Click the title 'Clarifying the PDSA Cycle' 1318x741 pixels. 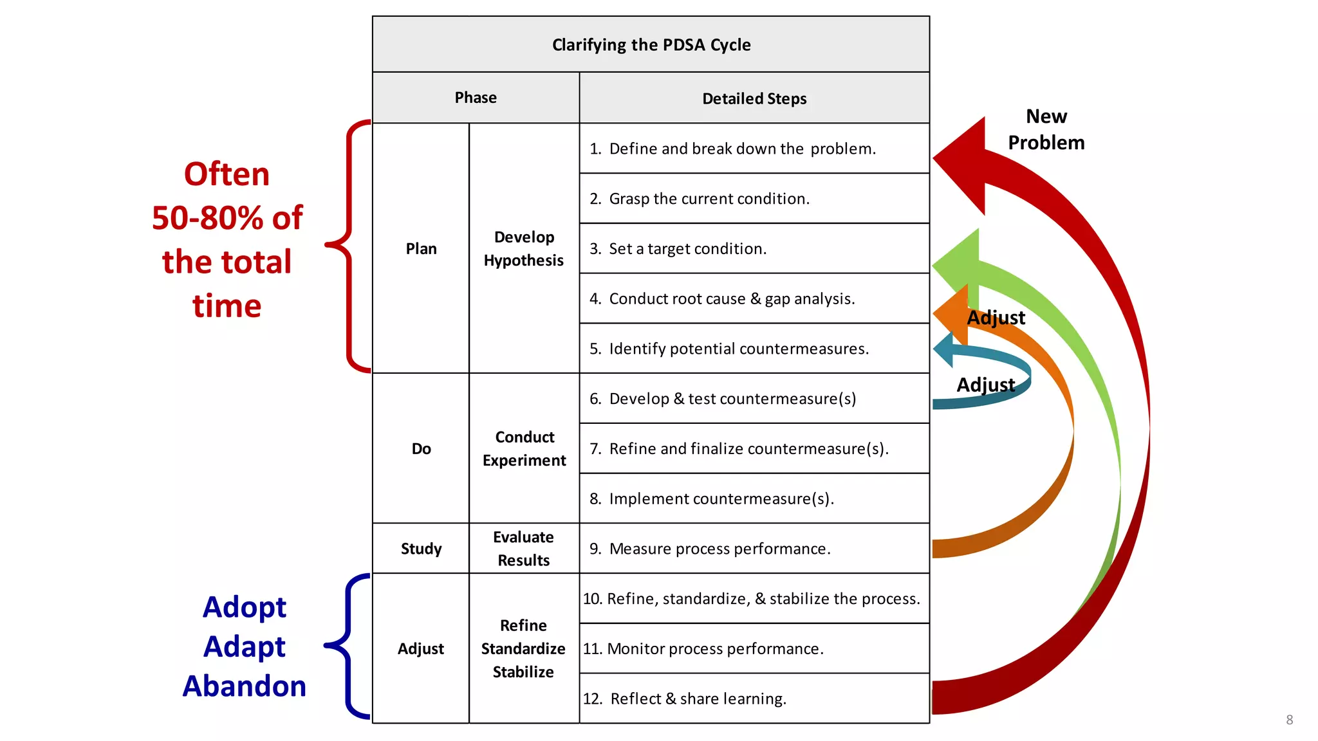pyautogui.click(x=651, y=44)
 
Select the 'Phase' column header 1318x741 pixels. pyautogui.click(x=476, y=98)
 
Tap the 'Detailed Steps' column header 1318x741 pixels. pyautogui.click(x=754, y=98)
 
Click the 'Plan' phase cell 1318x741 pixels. pyautogui.click(x=421, y=249)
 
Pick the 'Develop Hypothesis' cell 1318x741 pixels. pyautogui.click(x=524, y=249)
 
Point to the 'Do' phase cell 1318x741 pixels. pyautogui.click(x=421, y=449)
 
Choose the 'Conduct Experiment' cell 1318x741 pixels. pyautogui.click(x=524, y=449)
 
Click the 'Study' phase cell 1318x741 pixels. pyautogui.click(x=421, y=549)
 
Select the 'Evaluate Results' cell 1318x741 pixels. pyautogui.click(x=524, y=549)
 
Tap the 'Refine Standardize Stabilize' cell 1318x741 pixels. pyautogui.click(x=524, y=648)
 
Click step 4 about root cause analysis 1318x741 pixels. pyautogui.click(x=732, y=299)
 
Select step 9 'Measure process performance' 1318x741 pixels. pyautogui.click(x=719, y=549)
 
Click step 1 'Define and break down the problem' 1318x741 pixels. pyautogui.click(x=742, y=149)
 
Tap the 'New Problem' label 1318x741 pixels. pyautogui.click(x=1046, y=129)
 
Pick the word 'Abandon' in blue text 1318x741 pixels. pyautogui.click(x=245, y=686)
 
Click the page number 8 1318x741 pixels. pyautogui.click(x=1289, y=720)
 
